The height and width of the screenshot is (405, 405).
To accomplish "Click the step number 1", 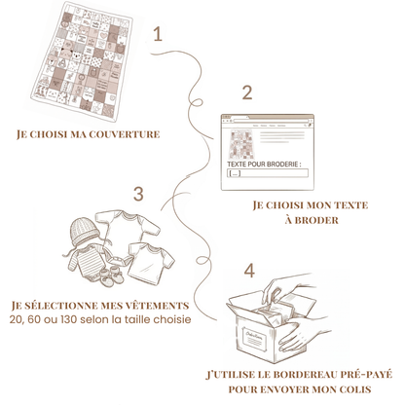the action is pyautogui.click(x=158, y=34).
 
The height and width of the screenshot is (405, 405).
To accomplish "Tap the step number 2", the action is pyautogui.click(x=247, y=92).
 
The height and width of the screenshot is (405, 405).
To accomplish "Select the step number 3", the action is pyautogui.click(x=138, y=194).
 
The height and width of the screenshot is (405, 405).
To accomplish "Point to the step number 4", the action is pyautogui.click(x=249, y=271).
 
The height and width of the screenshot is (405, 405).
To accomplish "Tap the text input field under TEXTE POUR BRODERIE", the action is pyautogui.click(x=268, y=173).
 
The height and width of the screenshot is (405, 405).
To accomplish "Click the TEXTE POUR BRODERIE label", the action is pyautogui.click(x=264, y=165).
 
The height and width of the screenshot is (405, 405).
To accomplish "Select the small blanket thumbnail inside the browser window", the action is pyautogui.click(x=241, y=144).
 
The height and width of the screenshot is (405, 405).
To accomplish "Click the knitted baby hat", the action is pyautogui.click(x=84, y=232).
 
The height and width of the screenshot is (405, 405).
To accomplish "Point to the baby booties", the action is pyautogui.click(x=111, y=276).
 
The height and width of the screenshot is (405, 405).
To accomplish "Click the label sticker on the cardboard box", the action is pyautogui.click(x=255, y=339).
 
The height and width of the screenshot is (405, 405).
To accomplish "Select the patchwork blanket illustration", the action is pyautogui.click(x=83, y=60).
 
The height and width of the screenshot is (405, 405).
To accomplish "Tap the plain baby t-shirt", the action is pyautogui.click(x=150, y=263).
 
